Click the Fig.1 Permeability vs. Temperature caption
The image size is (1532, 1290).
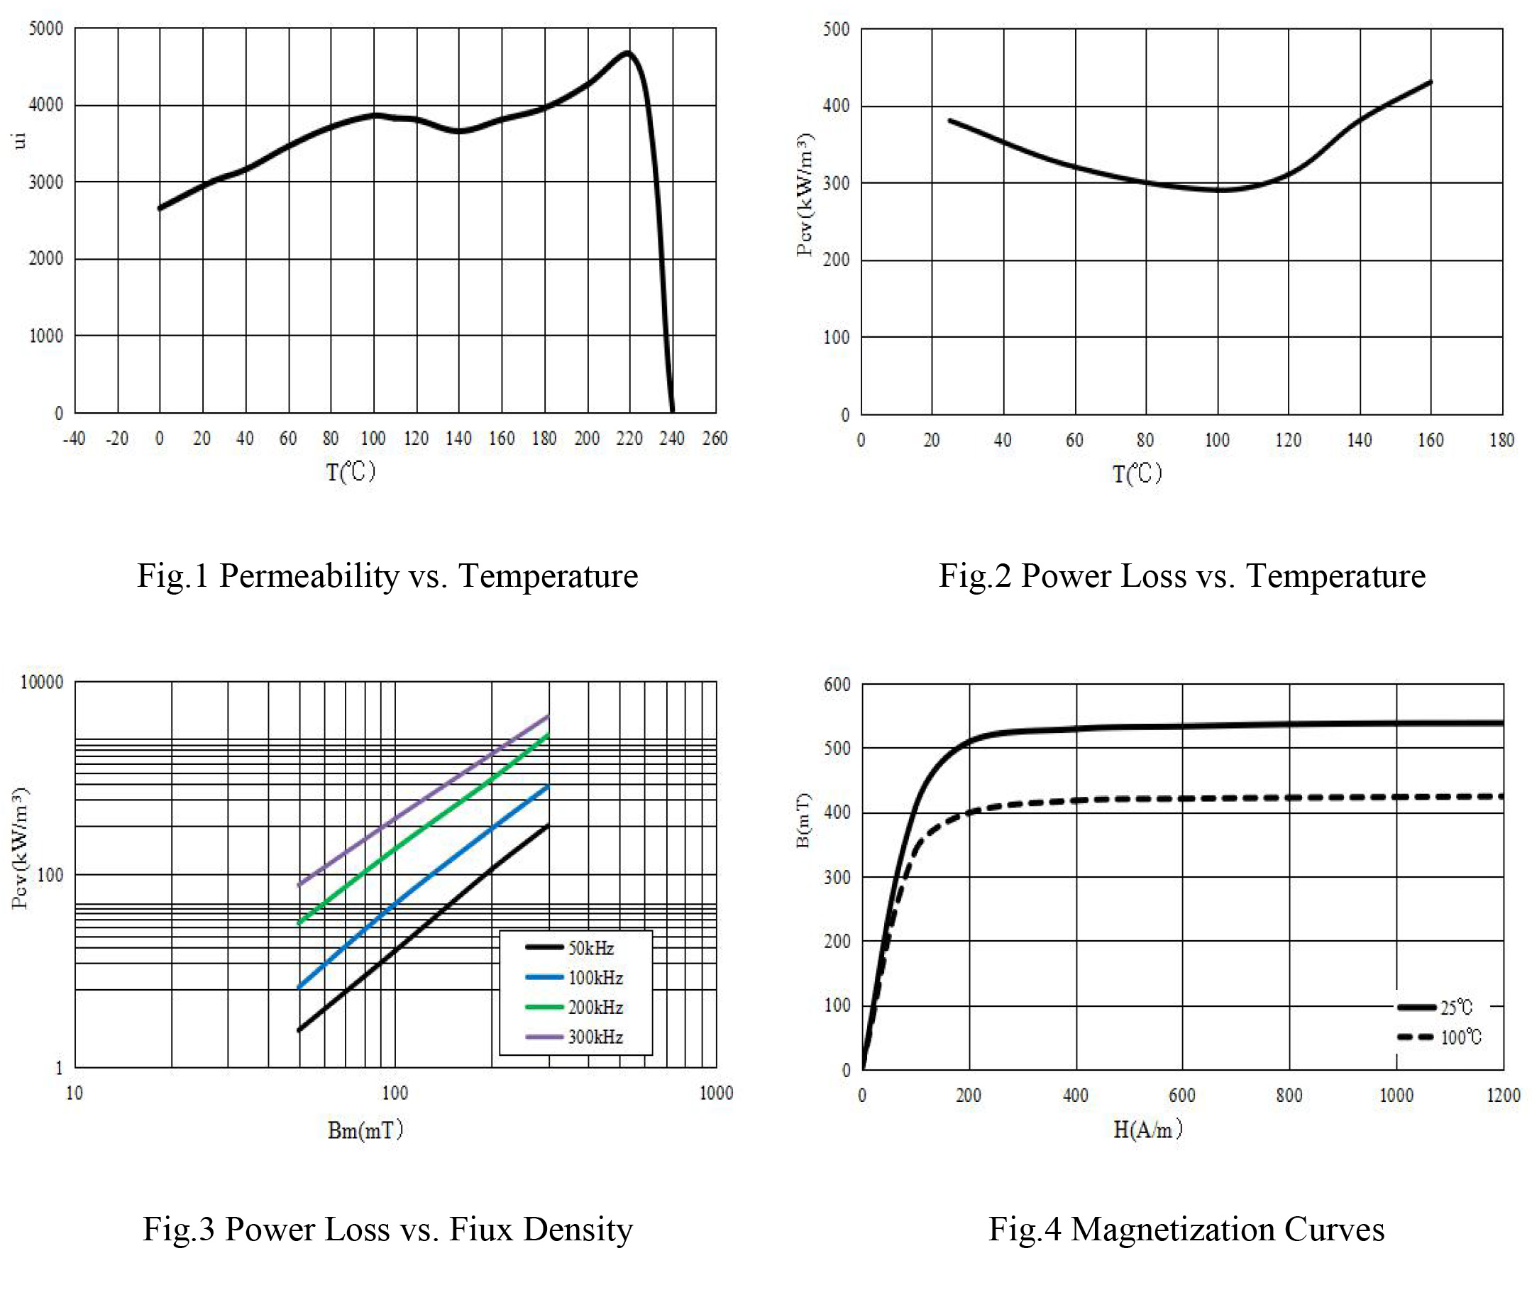[x=387, y=575]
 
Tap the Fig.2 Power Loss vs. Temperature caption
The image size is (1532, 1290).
[x=1181, y=575]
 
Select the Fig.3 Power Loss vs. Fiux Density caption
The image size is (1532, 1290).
[x=387, y=1228]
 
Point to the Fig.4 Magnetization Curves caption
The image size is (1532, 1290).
[x=1186, y=1228]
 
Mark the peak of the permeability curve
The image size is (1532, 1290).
[x=627, y=53]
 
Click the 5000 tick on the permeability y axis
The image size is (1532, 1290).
[x=46, y=29]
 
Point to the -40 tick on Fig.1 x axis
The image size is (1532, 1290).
[x=74, y=439]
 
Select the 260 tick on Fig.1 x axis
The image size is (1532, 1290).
[x=715, y=439]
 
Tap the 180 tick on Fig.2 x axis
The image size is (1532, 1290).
[x=1502, y=440]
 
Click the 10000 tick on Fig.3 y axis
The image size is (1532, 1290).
[x=42, y=683]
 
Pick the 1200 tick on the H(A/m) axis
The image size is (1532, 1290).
[x=1504, y=1095]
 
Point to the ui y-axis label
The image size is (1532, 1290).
[x=19, y=140]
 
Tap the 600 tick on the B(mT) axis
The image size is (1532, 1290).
[x=838, y=685]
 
